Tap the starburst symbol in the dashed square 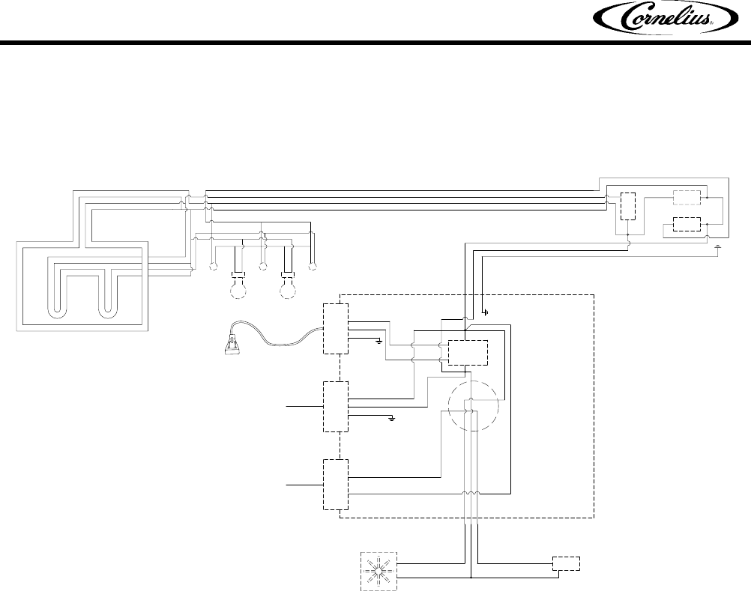(380, 571)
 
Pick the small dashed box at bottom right (565, 563)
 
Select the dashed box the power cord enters (334, 328)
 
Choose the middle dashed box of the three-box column (334, 405)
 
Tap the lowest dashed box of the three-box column (334, 484)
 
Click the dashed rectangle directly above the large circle (467, 352)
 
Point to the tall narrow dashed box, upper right (627, 207)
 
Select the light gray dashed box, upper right (687, 198)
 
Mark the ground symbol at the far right (718, 246)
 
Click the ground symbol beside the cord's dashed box (379, 342)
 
